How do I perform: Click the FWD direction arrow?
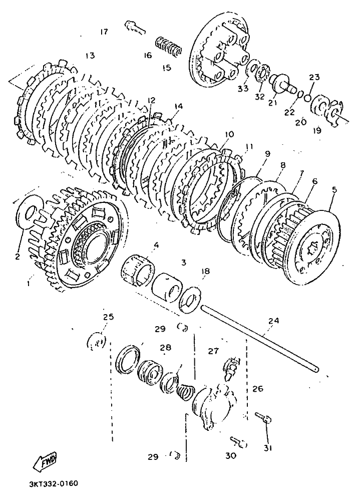coord(45,460)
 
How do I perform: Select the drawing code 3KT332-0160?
coord(53,483)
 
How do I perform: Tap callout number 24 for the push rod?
coord(274,320)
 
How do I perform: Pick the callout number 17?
coord(104,32)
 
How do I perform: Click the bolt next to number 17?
coord(135,26)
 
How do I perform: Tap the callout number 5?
coord(334,189)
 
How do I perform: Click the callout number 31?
coord(267,448)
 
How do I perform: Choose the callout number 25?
coord(108,317)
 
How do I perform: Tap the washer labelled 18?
coord(190,299)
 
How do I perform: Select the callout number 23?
coord(314,78)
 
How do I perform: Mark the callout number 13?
coord(90,56)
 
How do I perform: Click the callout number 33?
coord(243,89)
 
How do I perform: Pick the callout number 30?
coord(231,456)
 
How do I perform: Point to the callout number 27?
coord(213,351)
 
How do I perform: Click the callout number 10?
coord(229,134)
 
